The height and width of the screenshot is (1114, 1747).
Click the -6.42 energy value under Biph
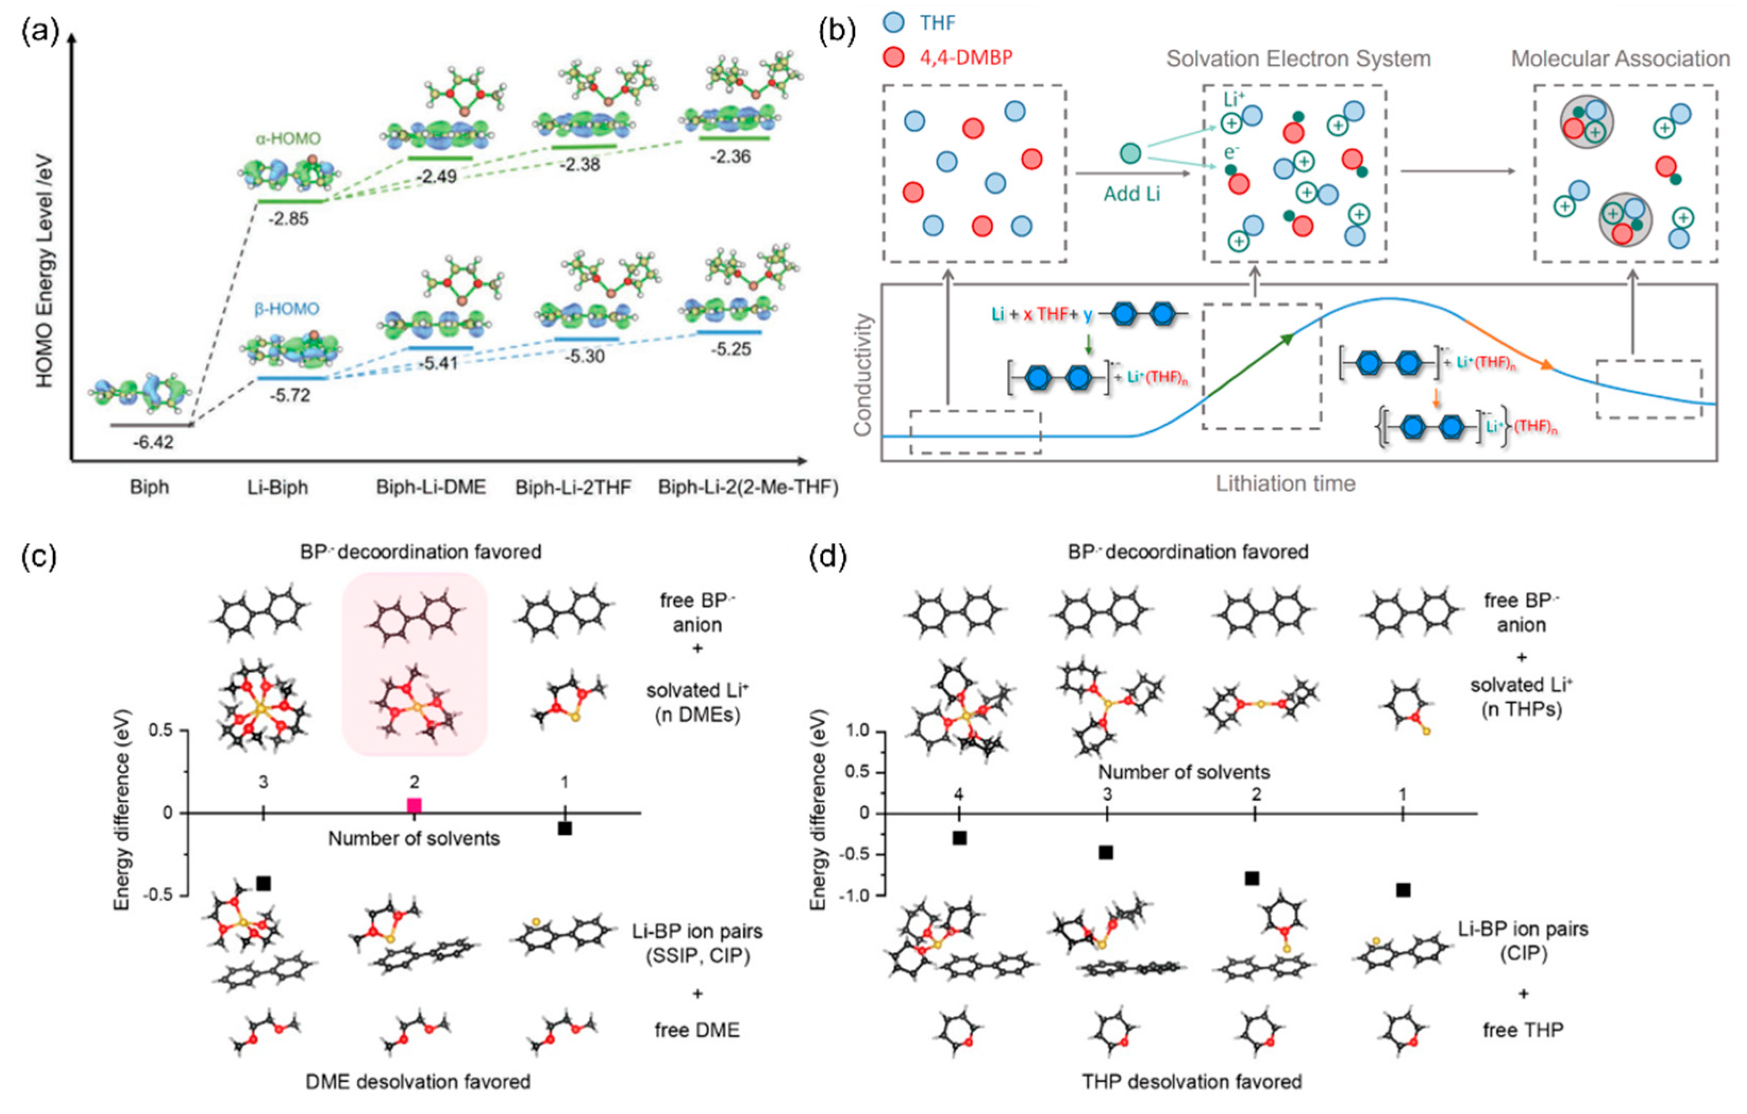pos(153,442)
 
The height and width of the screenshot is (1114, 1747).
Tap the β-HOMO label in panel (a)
pos(287,309)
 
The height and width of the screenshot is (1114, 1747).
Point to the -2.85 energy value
pos(289,219)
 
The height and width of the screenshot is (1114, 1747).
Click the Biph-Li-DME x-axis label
pos(431,487)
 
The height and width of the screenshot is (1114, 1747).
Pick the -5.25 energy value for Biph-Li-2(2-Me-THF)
pos(730,349)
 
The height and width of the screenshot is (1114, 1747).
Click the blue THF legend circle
pos(894,22)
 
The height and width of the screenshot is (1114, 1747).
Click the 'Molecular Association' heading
pos(1620,59)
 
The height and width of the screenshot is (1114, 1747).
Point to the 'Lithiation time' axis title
pos(1286,483)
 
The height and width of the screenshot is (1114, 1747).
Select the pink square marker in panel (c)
pos(414,805)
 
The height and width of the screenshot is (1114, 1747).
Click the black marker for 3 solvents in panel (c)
pos(263,883)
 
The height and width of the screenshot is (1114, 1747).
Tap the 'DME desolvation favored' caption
pos(418,1082)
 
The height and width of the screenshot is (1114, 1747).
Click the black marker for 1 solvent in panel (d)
pos(1403,890)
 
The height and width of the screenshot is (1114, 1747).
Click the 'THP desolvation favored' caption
pos(1192,1082)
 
